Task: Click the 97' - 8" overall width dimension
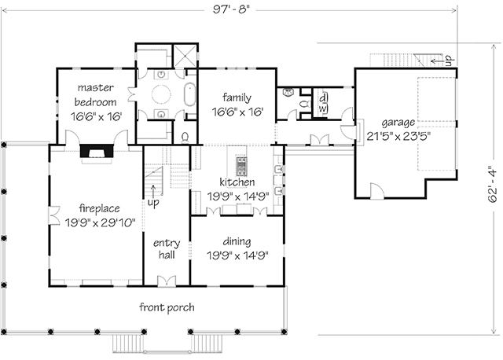pos(230,9)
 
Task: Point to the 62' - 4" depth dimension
pos(493,184)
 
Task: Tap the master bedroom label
pos(96,94)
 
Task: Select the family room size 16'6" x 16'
pos(237,112)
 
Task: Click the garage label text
pos(398,123)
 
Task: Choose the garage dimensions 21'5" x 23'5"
pos(398,136)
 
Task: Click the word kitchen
pos(237,182)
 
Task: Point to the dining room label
pos(237,241)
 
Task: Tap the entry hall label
pos(167,249)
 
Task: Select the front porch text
pos(167,307)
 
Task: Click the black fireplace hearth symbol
pos(97,151)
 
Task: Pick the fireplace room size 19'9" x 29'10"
pos(100,222)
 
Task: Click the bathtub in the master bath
pos(189,94)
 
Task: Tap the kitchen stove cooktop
pos(241,166)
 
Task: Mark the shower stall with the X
pos(185,56)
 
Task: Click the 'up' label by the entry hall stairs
pos(153,203)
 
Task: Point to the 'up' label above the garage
pos(448,61)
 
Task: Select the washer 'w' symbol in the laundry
pos(323,108)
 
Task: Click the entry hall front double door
pos(167,281)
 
